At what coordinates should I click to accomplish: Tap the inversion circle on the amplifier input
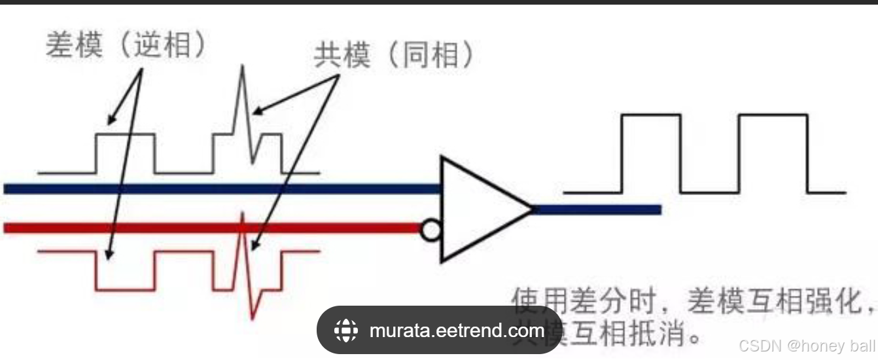pyautogui.click(x=430, y=230)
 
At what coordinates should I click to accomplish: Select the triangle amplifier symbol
pyautogui.click(x=481, y=209)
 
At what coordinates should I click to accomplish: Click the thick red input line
pyautogui.click(x=196, y=228)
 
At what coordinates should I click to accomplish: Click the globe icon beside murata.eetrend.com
pyautogui.click(x=345, y=331)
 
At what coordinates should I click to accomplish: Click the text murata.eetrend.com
pyautogui.click(x=456, y=331)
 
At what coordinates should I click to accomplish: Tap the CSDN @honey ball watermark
pyautogui.click(x=805, y=345)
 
